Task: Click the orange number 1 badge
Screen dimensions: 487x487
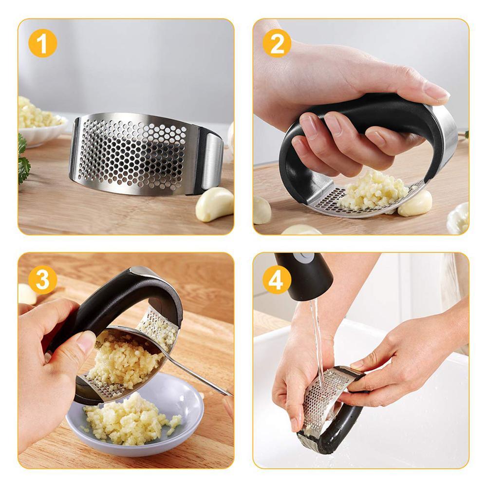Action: click(42, 43)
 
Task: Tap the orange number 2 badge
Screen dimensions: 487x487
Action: click(277, 43)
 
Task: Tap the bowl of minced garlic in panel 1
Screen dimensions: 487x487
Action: click(39, 122)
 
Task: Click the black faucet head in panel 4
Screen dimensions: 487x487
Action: click(304, 275)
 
